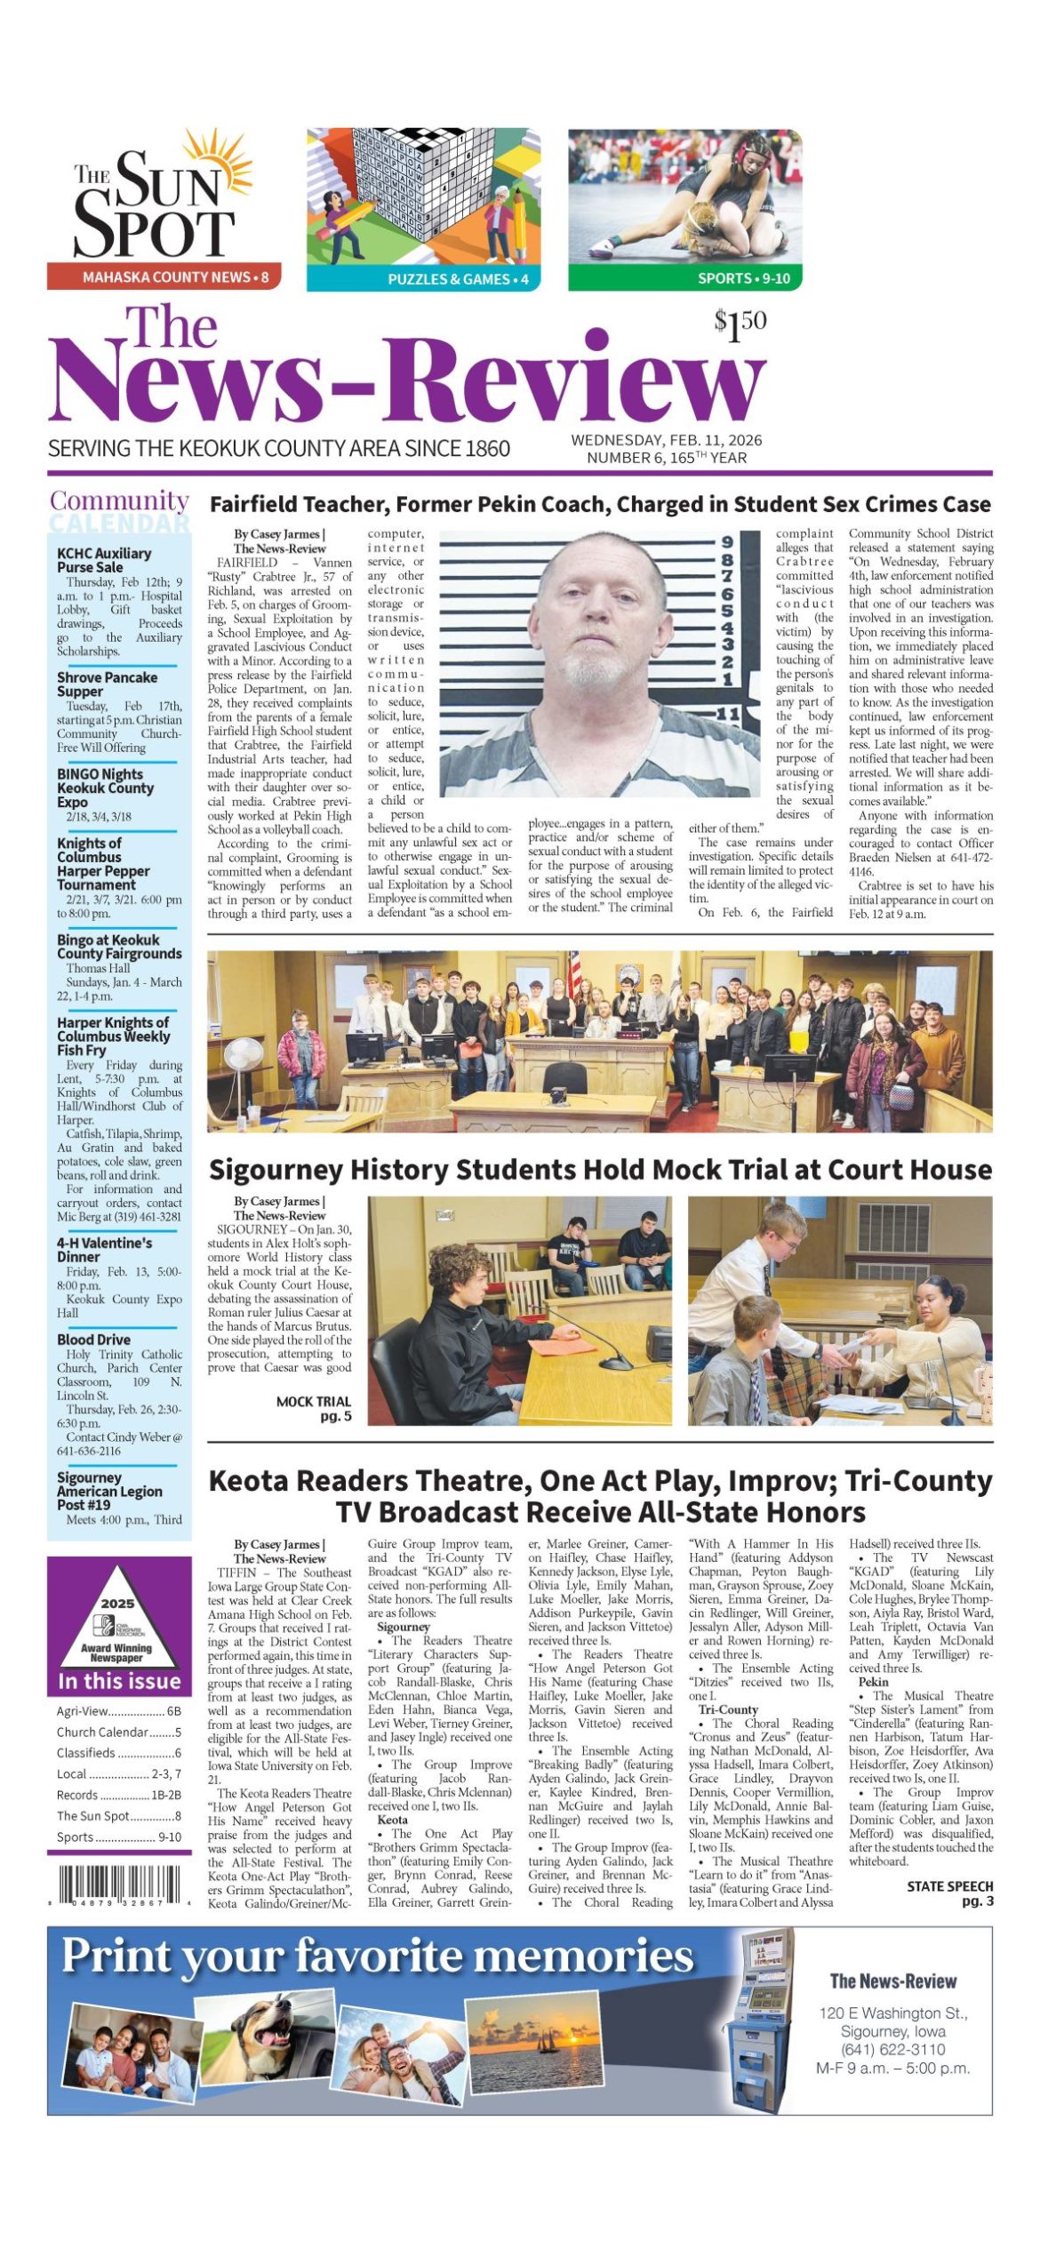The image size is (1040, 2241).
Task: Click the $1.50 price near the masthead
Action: [740, 325]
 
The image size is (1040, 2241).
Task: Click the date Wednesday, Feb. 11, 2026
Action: [666, 440]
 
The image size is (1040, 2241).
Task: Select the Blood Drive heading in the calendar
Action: [93, 1340]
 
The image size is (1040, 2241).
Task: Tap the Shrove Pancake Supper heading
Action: [107, 684]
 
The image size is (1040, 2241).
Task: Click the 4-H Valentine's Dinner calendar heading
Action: [104, 1250]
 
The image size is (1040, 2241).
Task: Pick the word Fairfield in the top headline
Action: [254, 505]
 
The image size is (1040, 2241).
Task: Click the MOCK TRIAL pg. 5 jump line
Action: [314, 1408]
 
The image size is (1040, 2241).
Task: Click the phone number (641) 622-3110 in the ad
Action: [892, 2050]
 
